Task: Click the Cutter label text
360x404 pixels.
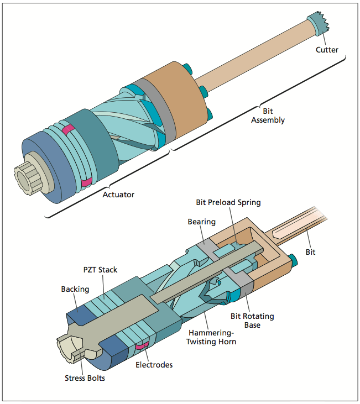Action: [x=327, y=50]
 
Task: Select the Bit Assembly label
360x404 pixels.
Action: [x=268, y=116]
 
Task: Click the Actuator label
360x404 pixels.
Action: [x=119, y=195]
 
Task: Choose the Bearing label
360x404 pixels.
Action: [x=201, y=222]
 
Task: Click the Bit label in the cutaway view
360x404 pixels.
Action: [x=311, y=251]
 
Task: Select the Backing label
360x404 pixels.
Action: [x=75, y=289]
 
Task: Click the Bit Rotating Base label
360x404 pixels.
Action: [x=252, y=321]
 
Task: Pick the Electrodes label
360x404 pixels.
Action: [x=154, y=365]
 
